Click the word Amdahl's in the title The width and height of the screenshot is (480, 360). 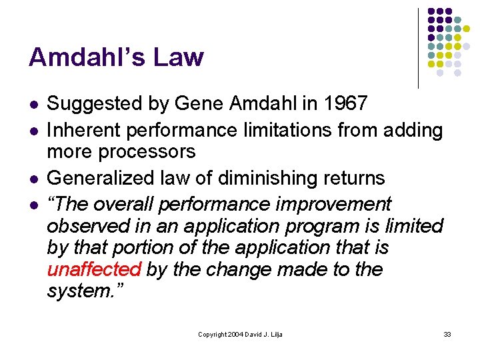(86, 58)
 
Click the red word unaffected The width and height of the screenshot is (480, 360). (94, 270)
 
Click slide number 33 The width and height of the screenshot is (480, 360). (447, 333)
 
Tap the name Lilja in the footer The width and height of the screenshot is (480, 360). (274, 333)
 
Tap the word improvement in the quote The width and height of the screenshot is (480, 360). (335, 203)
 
